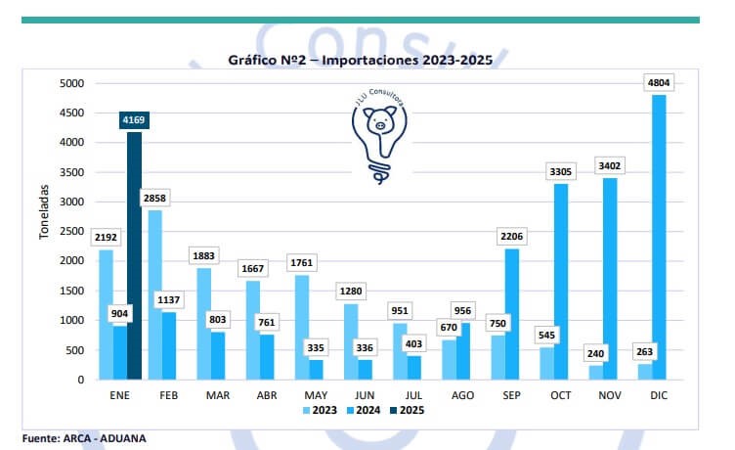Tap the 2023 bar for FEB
pos(154,294)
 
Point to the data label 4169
pos(133,120)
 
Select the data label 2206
pos(511,236)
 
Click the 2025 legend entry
pos(409,409)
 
